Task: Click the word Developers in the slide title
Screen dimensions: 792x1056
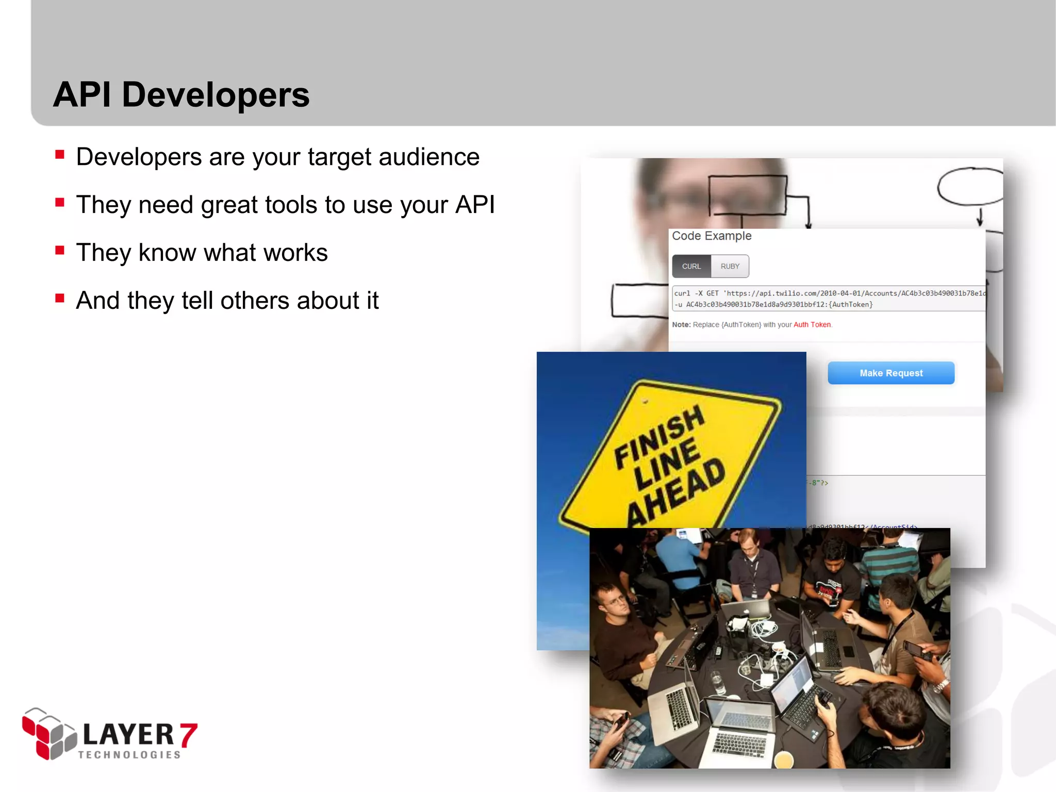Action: pos(216,95)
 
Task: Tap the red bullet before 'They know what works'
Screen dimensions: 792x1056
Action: pos(60,251)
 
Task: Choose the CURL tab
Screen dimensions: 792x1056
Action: pos(691,267)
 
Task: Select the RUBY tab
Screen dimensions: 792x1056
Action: pos(730,267)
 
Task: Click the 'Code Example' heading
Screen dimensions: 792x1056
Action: pos(712,236)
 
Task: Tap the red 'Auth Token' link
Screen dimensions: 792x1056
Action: pos(812,325)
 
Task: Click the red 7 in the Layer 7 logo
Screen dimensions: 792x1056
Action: pos(188,734)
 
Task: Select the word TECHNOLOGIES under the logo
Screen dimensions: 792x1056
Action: pos(129,755)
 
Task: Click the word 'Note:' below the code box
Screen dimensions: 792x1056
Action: pos(681,325)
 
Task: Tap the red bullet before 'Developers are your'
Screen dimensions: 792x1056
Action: pos(60,155)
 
